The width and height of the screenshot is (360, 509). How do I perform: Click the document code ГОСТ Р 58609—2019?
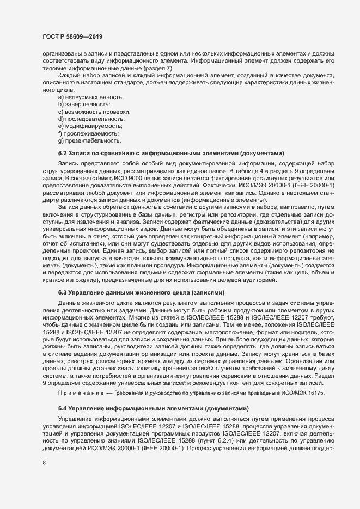pos(69,36)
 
